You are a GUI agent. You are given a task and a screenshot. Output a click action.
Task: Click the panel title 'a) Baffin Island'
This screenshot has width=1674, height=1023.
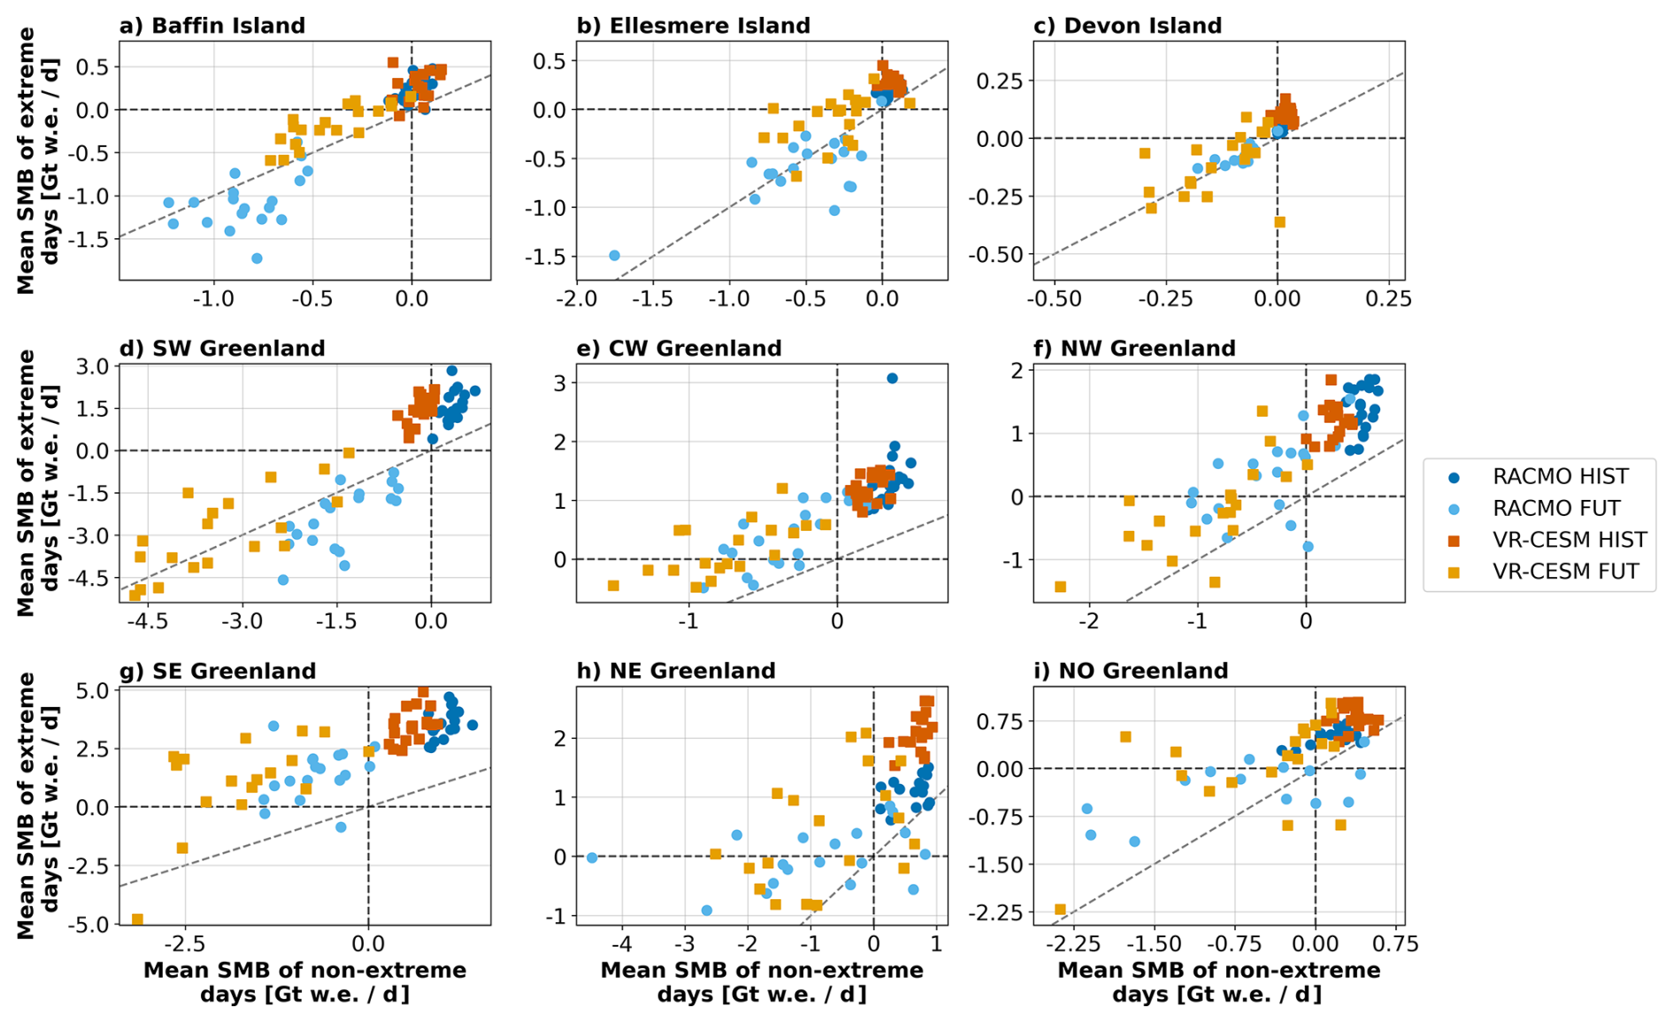pos(212,25)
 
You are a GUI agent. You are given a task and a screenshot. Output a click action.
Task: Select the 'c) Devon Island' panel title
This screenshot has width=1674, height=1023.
pos(1127,25)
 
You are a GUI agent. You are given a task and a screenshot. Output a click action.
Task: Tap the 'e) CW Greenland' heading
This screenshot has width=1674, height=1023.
pos(679,348)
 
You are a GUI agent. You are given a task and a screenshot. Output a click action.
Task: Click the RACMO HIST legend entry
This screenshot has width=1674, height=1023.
pos(1560,476)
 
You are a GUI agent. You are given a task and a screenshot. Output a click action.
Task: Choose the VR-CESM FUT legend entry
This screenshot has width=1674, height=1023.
pos(1565,572)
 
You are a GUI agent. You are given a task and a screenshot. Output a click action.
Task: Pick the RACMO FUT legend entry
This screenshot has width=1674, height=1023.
pos(1555,508)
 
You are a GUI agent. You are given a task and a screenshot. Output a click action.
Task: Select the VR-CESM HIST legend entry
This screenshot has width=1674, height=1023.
pos(1569,540)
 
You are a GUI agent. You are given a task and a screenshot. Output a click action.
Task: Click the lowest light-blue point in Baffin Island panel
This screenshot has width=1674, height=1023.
pos(257,258)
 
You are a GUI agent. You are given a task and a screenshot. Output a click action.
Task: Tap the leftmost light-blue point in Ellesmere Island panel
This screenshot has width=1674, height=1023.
pos(614,255)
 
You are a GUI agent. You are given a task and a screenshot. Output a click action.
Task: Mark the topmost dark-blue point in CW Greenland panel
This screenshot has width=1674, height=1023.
pos(892,378)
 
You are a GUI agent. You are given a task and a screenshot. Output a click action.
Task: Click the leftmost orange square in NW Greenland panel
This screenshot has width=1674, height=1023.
pos(1060,587)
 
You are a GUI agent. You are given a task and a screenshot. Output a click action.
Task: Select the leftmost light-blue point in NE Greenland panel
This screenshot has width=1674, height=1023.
pos(592,858)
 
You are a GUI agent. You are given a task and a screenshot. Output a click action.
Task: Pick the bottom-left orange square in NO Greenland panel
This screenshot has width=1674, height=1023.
pos(1060,910)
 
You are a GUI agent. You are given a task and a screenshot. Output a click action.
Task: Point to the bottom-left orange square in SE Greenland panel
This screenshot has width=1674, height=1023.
pos(137,919)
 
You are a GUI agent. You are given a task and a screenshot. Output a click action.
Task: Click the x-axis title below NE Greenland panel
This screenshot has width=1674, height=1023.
pos(761,982)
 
